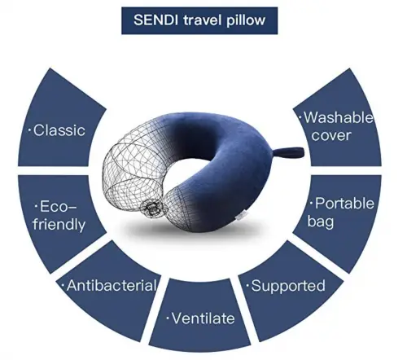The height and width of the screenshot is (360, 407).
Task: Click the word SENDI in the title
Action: (x=154, y=20)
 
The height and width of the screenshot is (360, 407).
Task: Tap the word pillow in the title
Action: (x=246, y=21)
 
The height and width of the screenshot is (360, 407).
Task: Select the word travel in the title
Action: (x=203, y=20)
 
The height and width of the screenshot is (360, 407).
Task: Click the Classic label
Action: (x=59, y=130)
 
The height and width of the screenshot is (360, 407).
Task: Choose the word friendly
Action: (x=59, y=225)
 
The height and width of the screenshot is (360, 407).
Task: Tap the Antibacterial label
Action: (x=112, y=285)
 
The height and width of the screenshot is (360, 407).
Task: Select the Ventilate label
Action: (x=203, y=318)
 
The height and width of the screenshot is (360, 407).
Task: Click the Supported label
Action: (x=288, y=286)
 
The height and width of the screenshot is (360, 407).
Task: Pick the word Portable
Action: (x=344, y=204)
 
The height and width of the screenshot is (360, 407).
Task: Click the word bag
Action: (x=320, y=222)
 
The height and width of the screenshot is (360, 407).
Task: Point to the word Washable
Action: (x=339, y=117)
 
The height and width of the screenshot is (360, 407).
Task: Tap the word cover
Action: (x=331, y=135)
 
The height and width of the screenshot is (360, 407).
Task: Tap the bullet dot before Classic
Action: (x=29, y=130)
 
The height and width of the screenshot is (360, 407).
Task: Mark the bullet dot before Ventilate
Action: (x=168, y=318)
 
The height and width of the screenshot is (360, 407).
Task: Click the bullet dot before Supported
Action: (x=247, y=286)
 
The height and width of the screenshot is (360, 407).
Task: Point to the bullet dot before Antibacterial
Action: (x=63, y=286)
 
